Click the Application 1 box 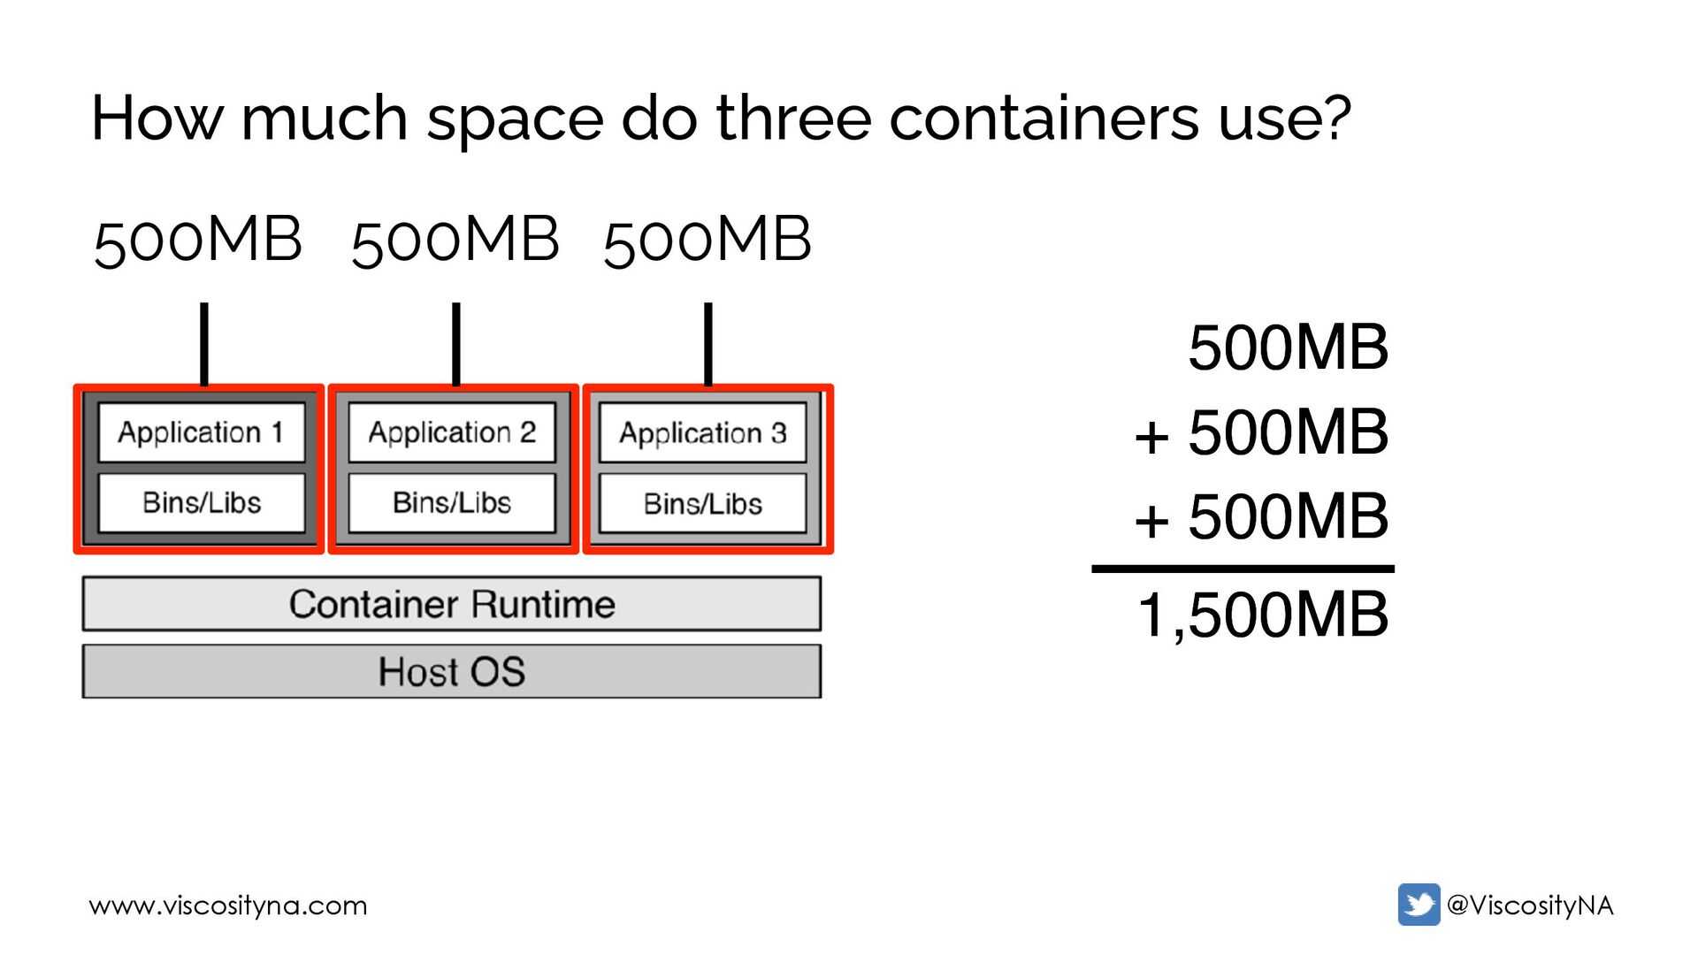click(x=202, y=432)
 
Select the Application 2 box click(x=452, y=432)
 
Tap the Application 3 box click(x=703, y=433)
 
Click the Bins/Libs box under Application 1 click(x=202, y=503)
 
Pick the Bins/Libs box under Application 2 click(x=452, y=503)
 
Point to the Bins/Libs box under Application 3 click(x=703, y=504)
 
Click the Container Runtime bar click(x=452, y=604)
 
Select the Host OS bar click(x=452, y=671)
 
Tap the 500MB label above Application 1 click(x=198, y=241)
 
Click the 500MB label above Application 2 click(x=455, y=241)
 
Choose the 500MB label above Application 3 click(x=707, y=241)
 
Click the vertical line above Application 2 click(x=456, y=344)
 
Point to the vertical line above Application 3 click(x=708, y=344)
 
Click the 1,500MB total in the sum click(x=1263, y=615)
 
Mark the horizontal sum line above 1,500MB click(x=1243, y=569)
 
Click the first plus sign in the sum click(x=1151, y=437)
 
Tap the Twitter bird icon click(x=1419, y=905)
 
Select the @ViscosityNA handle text click(x=1530, y=905)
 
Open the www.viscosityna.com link click(x=228, y=905)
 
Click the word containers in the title click(x=1044, y=118)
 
